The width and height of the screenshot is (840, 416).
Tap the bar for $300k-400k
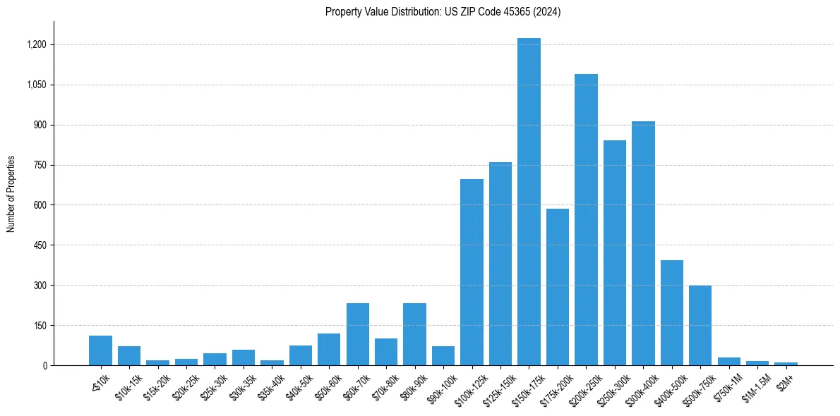pyautogui.click(x=643, y=243)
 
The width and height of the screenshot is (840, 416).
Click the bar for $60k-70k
pyautogui.click(x=358, y=334)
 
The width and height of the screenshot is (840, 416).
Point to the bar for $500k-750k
pyautogui.click(x=700, y=325)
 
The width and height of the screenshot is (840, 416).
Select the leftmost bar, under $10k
pyautogui.click(x=101, y=350)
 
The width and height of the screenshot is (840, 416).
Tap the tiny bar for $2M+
pyautogui.click(x=786, y=364)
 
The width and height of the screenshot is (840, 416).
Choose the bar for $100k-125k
pyautogui.click(x=472, y=272)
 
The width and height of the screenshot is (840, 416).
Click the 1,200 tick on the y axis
pyautogui.click(x=36, y=44)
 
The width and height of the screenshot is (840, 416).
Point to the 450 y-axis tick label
pyautogui.click(x=40, y=245)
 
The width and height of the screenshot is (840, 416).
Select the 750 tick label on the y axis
pyautogui.click(x=40, y=165)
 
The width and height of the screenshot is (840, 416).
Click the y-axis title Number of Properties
pyautogui.click(x=11, y=193)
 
